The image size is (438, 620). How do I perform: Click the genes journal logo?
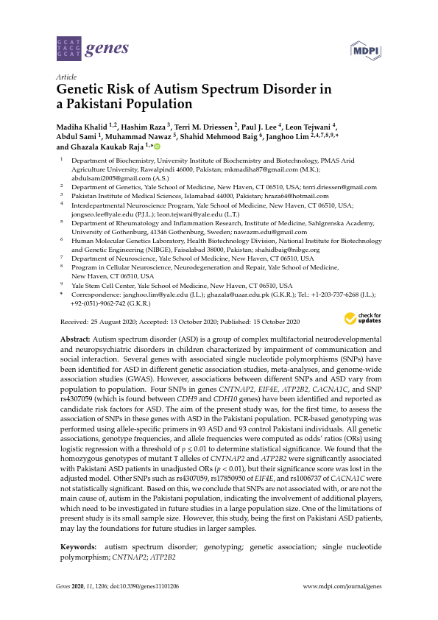point(92,50)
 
